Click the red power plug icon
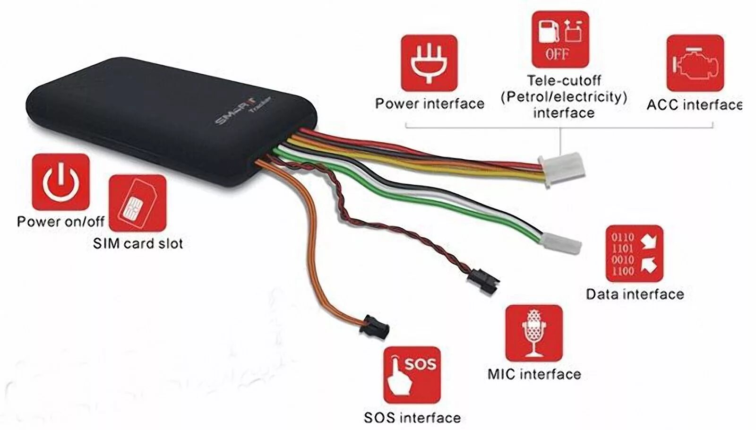coord(429,63)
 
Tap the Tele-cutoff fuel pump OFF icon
coord(560,40)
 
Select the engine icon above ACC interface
coord(695,63)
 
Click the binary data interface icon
coord(635,253)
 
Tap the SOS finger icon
coord(412,375)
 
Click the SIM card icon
coord(137,204)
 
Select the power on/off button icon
coord(60,182)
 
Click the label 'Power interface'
coord(430,103)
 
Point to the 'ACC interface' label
coord(694,104)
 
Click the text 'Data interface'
coord(635,294)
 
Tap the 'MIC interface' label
coord(534,374)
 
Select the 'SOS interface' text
coord(412,417)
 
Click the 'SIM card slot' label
coord(137,243)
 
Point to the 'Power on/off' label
coord(60,221)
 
